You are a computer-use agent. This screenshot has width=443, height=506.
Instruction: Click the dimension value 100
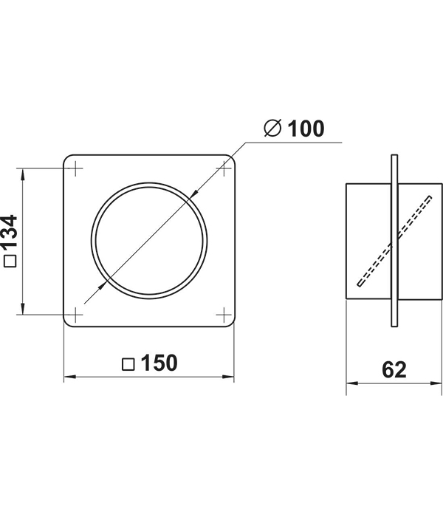(305, 129)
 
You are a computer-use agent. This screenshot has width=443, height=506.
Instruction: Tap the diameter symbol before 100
(272, 128)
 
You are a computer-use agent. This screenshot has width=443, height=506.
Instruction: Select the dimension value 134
(10, 232)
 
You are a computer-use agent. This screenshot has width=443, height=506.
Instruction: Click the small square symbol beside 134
(10, 261)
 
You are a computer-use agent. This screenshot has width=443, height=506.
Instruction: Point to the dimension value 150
(159, 363)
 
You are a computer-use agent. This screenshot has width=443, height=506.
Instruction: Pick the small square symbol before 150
(128, 364)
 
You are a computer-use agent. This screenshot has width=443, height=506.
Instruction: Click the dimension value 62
(394, 369)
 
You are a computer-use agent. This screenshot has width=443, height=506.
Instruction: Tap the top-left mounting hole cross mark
(76, 168)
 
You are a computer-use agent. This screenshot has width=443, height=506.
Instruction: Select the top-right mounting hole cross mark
(223, 168)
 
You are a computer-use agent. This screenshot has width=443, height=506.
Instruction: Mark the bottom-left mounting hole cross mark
(76, 315)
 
